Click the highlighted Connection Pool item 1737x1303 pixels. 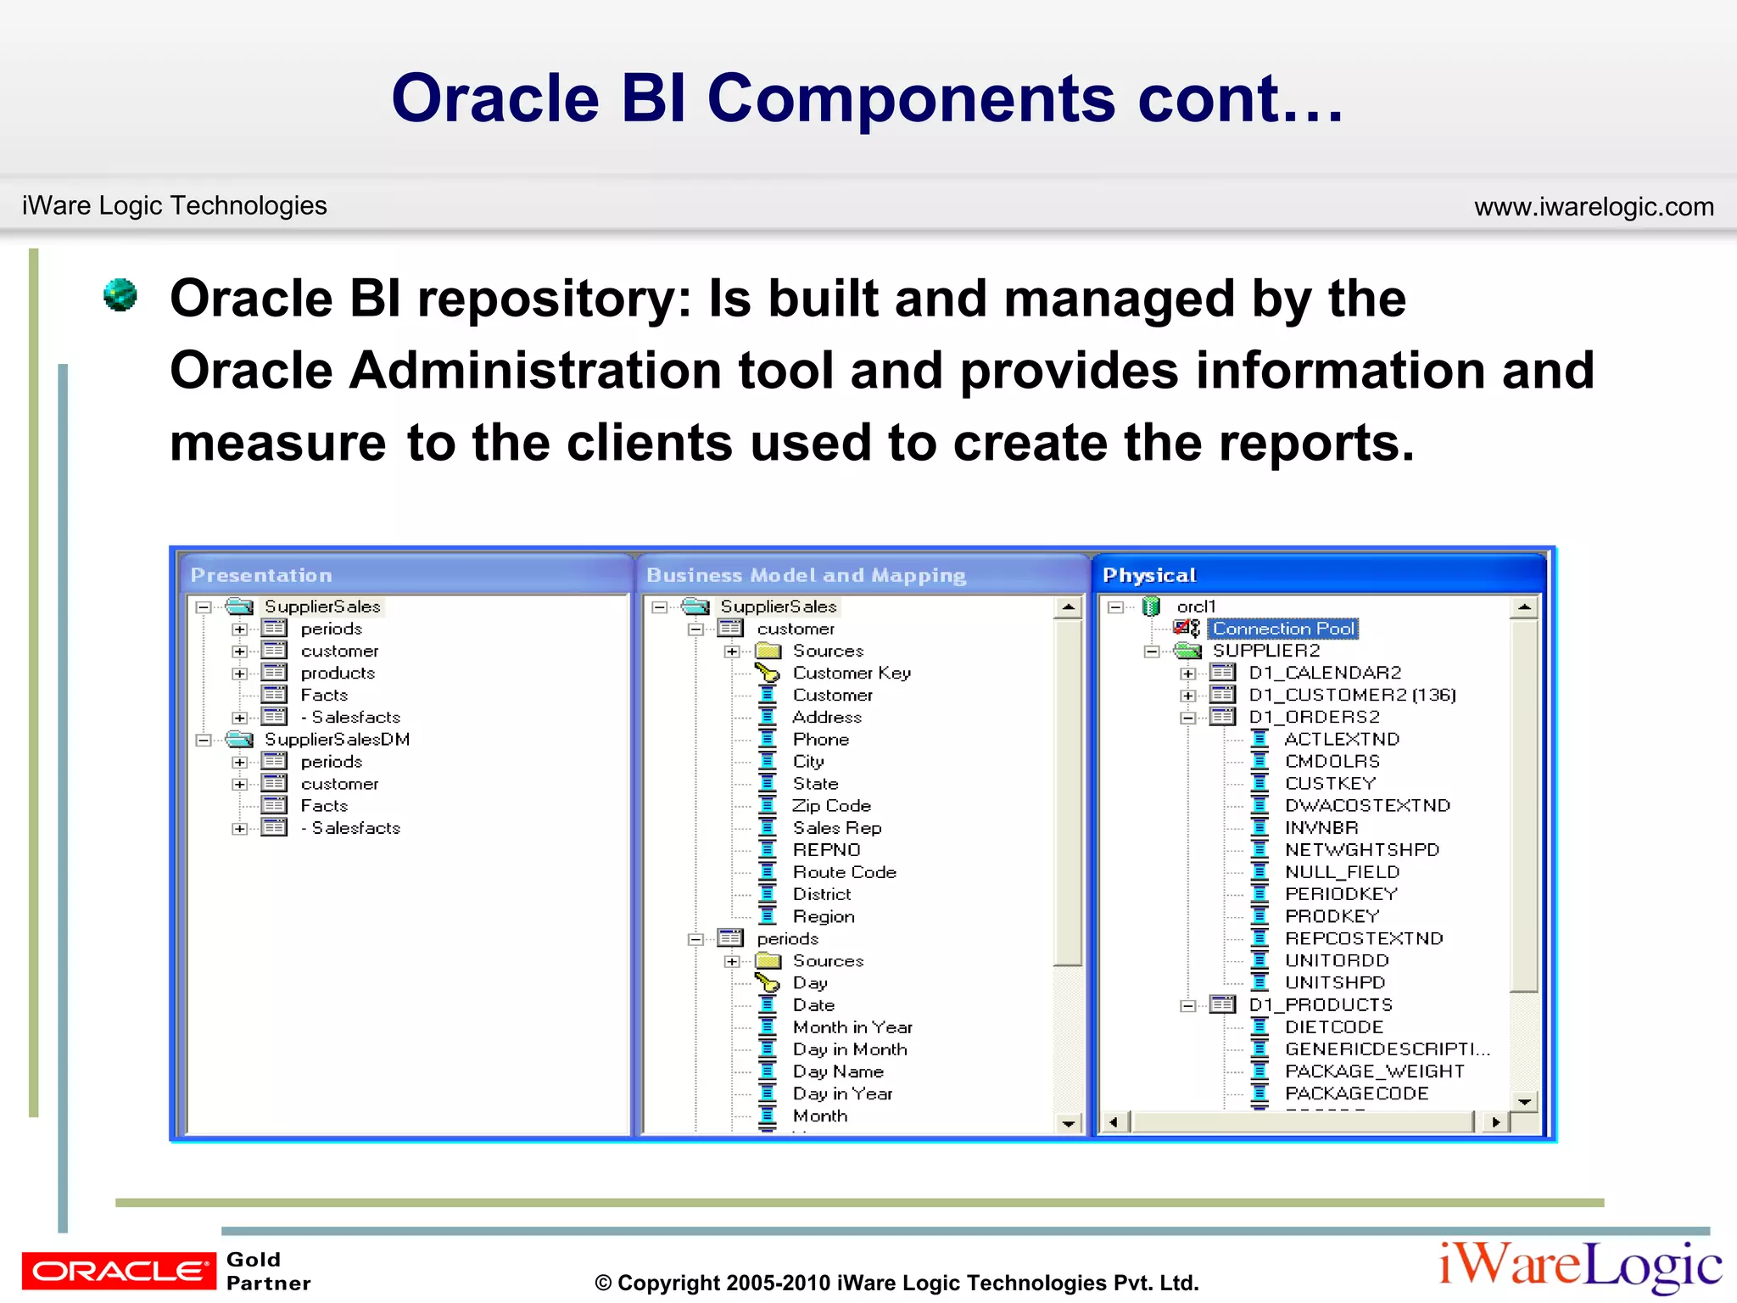pos(1282,629)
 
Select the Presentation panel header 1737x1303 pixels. pos(261,575)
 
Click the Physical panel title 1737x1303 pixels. pos(1149,575)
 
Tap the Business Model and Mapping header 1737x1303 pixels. pos(806,575)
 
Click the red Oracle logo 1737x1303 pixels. pos(119,1270)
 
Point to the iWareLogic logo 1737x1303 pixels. pos(1579,1266)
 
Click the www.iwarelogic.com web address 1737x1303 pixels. pos(1593,206)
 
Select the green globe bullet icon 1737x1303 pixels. pos(120,295)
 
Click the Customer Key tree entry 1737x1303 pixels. pos(851,673)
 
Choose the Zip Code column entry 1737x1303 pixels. pos(831,806)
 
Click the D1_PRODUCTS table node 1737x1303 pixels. pos(1320,1005)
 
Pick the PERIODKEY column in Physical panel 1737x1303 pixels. pos(1340,894)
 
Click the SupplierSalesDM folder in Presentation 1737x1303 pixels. pos(337,740)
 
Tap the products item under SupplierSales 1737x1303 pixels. pos(338,673)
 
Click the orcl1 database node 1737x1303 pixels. pos(1196,607)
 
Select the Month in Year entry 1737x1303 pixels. pos(852,1027)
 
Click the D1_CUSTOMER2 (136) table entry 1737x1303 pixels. pos(1351,695)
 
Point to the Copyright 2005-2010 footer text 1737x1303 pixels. pos(896,1283)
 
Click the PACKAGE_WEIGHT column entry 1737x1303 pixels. pos(1374,1071)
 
